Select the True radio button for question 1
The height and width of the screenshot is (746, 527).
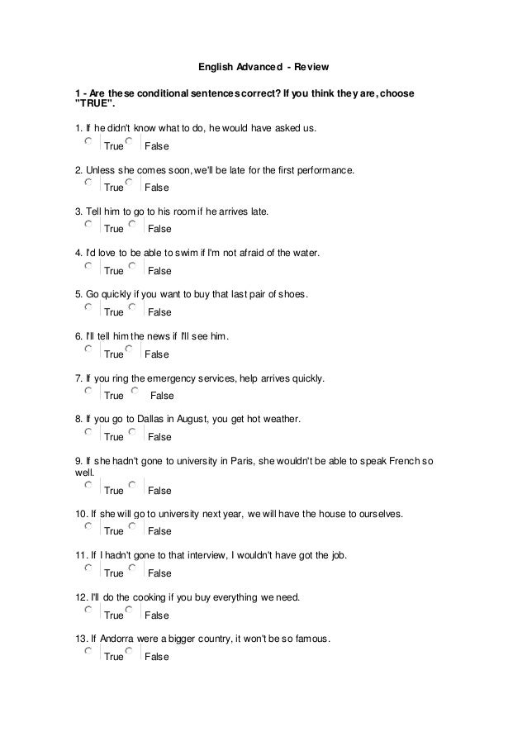click(88, 141)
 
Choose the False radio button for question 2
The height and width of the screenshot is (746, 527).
click(131, 183)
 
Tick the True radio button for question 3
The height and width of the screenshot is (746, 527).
click(88, 224)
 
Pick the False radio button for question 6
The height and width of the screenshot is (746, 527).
click(131, 349)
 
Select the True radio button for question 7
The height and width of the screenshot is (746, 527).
click(88, 391)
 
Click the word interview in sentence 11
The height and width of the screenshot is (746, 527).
click(212, 556)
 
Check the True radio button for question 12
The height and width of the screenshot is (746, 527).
click(88, 611)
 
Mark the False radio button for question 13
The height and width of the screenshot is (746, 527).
click(131, 652)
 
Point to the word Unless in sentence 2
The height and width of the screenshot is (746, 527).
click(101, 170)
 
